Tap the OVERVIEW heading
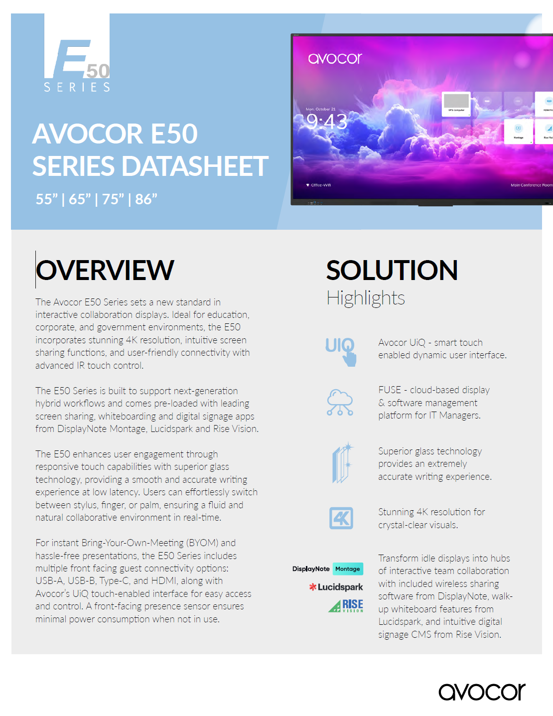click(105, 270)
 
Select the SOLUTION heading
click(392, 270)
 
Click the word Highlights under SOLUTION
click(365, 298)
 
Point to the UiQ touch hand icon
click(341, 351)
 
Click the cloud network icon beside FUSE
click(340, 403)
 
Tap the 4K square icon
click(341, 518)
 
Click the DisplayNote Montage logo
click(327, 569)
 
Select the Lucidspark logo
click(336, 587)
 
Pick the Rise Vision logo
click(346, 605)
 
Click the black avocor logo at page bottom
click(482, 692)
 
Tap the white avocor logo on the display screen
click(335, 59)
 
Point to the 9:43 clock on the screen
click(326, 121)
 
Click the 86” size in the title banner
click(146, 199)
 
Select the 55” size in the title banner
click(47, 199)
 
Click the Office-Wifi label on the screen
click(320, 185)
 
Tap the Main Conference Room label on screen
click(531, 185)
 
